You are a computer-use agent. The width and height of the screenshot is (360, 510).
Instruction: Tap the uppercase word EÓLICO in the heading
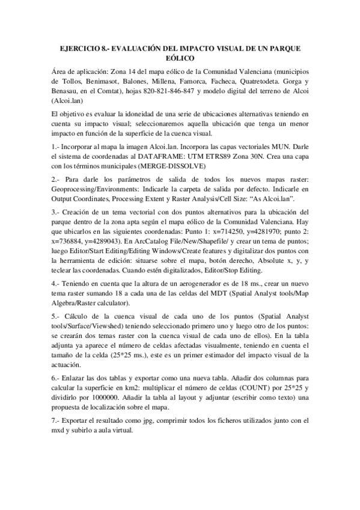(179, 58)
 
